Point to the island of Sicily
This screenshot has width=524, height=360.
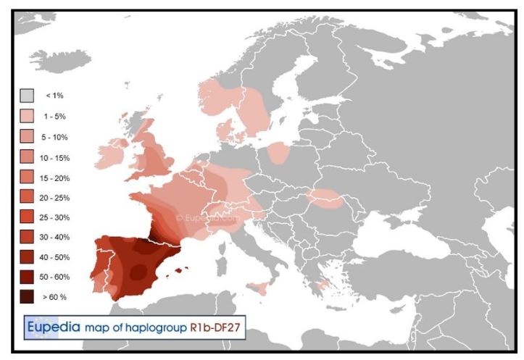click(259, 288)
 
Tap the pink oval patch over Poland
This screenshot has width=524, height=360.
click(278, 153)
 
